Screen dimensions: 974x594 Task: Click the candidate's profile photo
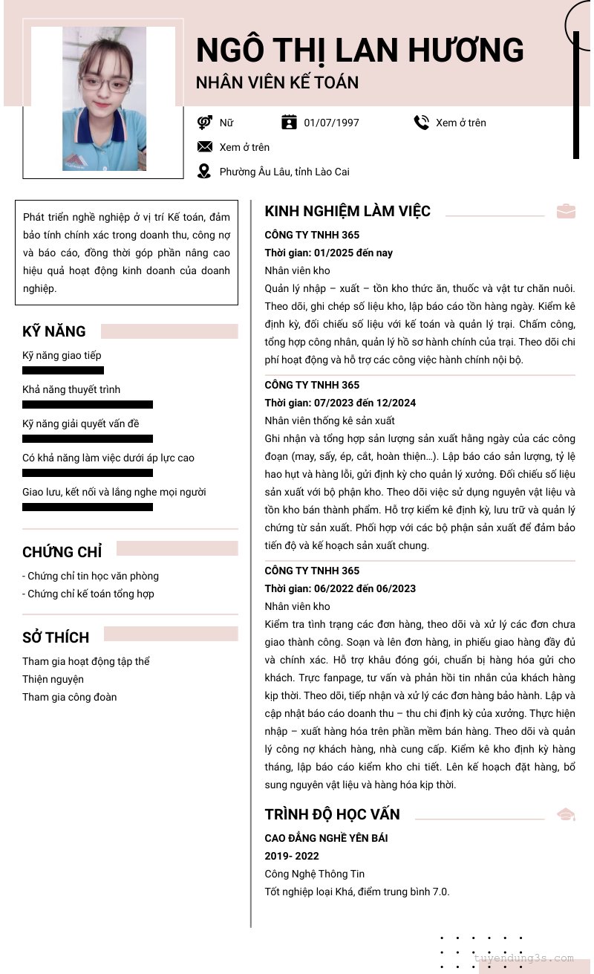tap(104, 99)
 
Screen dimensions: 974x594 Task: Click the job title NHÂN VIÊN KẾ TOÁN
tap(277, 82)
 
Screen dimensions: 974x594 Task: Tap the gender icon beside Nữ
tap(205, 123)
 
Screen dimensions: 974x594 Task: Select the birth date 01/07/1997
tap(331, 123)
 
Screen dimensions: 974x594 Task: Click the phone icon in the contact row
tap(422, 123)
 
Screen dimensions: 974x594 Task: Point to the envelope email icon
tap(205, 147)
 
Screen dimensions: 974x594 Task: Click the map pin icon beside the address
tap(204, 172)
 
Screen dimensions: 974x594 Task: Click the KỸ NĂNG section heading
tap(54, 331)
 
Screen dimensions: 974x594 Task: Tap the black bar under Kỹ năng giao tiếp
tap(63, 370)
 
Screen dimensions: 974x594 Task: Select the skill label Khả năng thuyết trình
tap(71, 389)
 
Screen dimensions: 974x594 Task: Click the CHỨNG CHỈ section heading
tap(62, 552)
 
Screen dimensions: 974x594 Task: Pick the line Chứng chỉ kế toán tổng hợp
tap(88, 594)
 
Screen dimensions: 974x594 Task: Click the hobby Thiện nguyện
tap(53, 679)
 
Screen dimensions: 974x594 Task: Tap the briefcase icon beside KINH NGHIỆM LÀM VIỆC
tap(566, 211)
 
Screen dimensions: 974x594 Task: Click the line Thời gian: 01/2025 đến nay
tap(329, 253)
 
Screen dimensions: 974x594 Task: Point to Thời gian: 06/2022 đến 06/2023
tap(340, 588)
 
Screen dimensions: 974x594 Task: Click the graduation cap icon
tap(566, 814)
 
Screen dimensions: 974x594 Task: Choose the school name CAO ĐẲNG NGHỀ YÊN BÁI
tap(326, 838)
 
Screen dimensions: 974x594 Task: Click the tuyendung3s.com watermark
tap(523, 958)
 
